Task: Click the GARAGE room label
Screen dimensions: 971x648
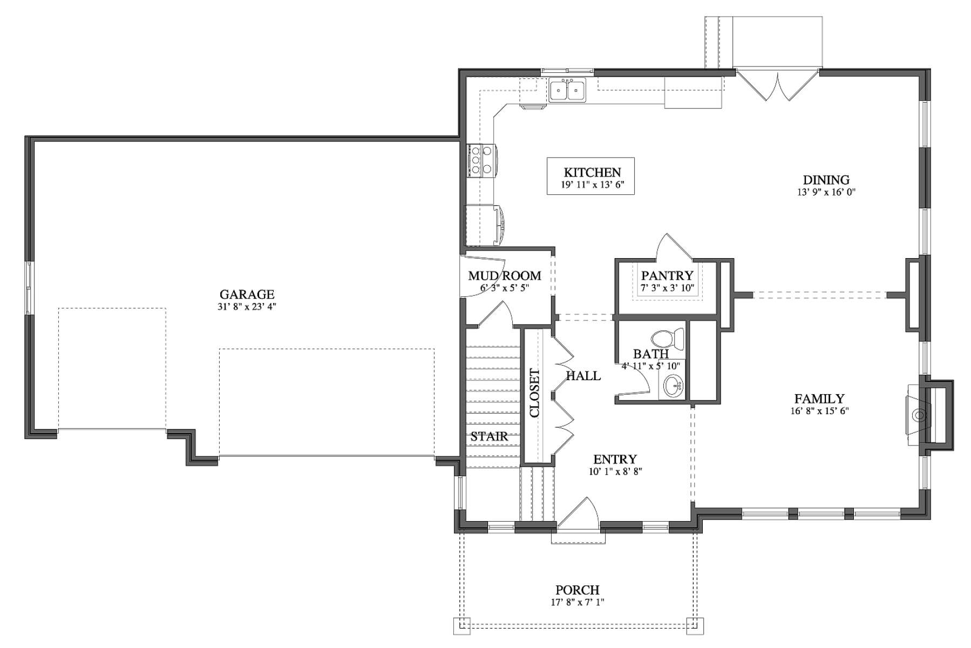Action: coord(247,294)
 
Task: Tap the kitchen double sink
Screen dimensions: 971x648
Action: coord(567,90)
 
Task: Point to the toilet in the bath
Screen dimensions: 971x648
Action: coord(668,339)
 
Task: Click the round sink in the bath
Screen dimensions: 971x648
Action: coord(673,386)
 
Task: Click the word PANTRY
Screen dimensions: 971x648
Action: coord(667,276)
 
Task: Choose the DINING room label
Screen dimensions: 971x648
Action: coord(826,180)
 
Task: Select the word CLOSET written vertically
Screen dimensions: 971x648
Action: coord(534,393)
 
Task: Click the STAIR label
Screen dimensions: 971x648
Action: coord(489,436)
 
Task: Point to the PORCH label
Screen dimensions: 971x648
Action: coord(578,590)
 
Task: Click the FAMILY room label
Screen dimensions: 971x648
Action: coord(819,399)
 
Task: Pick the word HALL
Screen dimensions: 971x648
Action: coord(583,376)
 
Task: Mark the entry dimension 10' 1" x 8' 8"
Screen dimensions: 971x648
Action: coord(615,471)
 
